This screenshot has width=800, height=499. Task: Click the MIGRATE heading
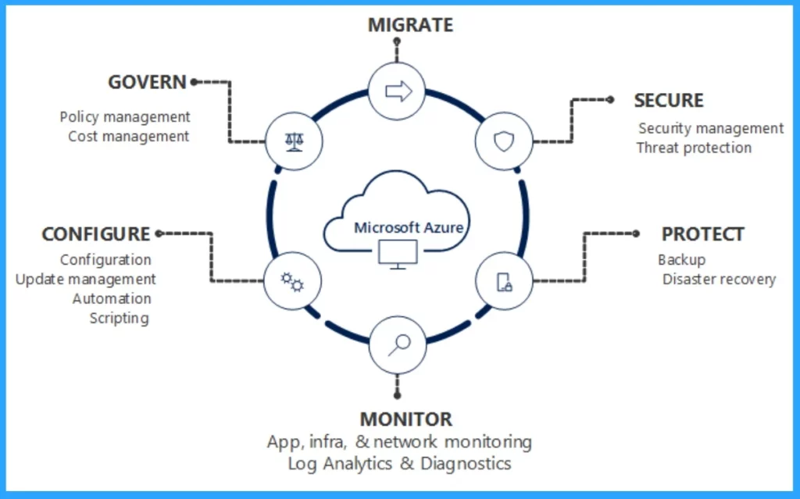coord(410,24)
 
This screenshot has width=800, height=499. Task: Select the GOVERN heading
coord(148,81)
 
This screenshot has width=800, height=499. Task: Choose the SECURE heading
coord(669,101)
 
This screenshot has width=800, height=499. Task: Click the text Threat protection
coord(694,148)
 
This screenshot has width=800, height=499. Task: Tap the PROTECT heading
coord(702,234)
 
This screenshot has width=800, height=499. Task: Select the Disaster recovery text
coord(719,279)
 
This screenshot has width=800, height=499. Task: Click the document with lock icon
coord(504,281)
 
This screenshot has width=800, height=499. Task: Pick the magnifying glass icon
coord(398,344)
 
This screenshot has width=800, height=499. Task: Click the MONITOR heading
coord(405,419)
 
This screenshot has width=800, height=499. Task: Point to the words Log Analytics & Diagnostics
coord(399,463)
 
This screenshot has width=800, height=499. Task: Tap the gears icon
coord(292,281)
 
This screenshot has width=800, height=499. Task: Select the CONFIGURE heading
coord(95,234)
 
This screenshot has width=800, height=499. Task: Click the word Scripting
coord(119,318)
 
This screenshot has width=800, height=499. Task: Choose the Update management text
coord(86,279)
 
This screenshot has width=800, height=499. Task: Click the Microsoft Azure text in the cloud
coord(409,228)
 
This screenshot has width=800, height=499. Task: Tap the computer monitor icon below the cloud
coord(398,255)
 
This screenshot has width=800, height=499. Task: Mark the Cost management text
coord(128,137)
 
